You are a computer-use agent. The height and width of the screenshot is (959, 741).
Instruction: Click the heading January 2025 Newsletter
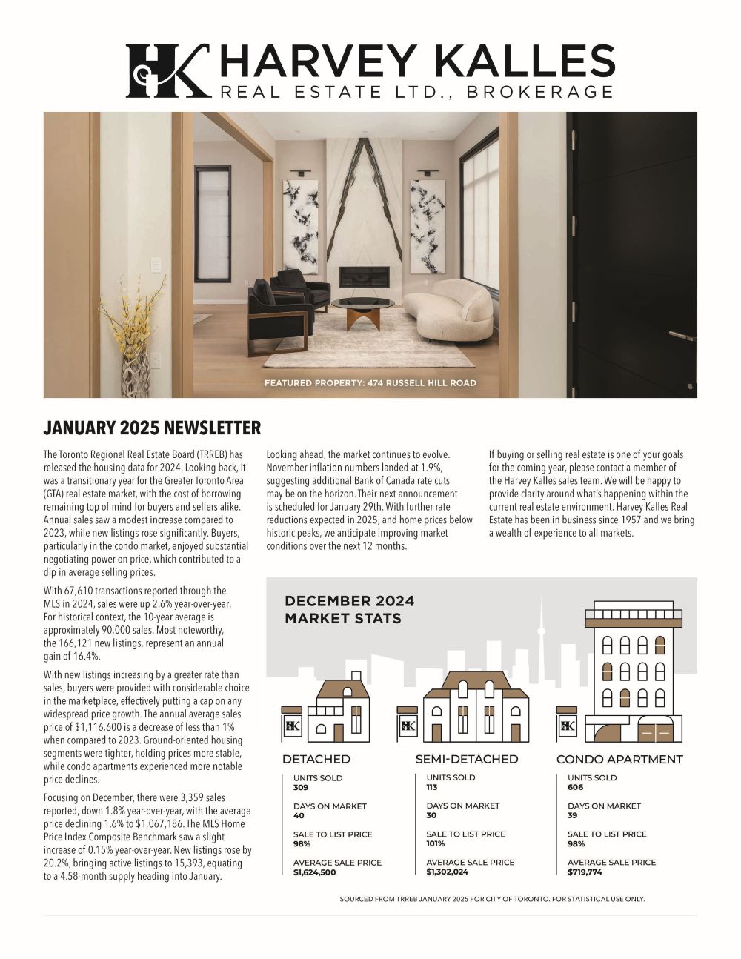(x=152, y=428)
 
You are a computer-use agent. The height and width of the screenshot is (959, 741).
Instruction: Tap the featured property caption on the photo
(x=370, y=383)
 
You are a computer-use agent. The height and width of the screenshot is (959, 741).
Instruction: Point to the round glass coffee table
(x=363, y=304)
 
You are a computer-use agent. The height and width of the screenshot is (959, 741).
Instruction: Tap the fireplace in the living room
(x=365, y=276)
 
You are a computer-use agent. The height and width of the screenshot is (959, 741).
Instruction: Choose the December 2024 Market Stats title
(x=349, y=609)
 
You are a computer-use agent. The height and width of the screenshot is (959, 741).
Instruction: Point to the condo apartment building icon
(x=631, y=674)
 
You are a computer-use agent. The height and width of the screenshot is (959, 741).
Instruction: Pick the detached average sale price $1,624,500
(x=314, y=872)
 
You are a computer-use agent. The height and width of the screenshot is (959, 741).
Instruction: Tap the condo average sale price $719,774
(x=585, y=872)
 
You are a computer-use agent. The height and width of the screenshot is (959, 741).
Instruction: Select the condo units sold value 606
(x=575, y=788)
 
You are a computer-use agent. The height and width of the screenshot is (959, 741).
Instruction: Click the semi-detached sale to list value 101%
(x=435, y=844)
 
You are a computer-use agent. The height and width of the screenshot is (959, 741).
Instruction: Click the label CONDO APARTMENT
(x=619, y=760)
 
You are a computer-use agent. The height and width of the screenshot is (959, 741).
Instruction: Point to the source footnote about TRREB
(x=492, y=900)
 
